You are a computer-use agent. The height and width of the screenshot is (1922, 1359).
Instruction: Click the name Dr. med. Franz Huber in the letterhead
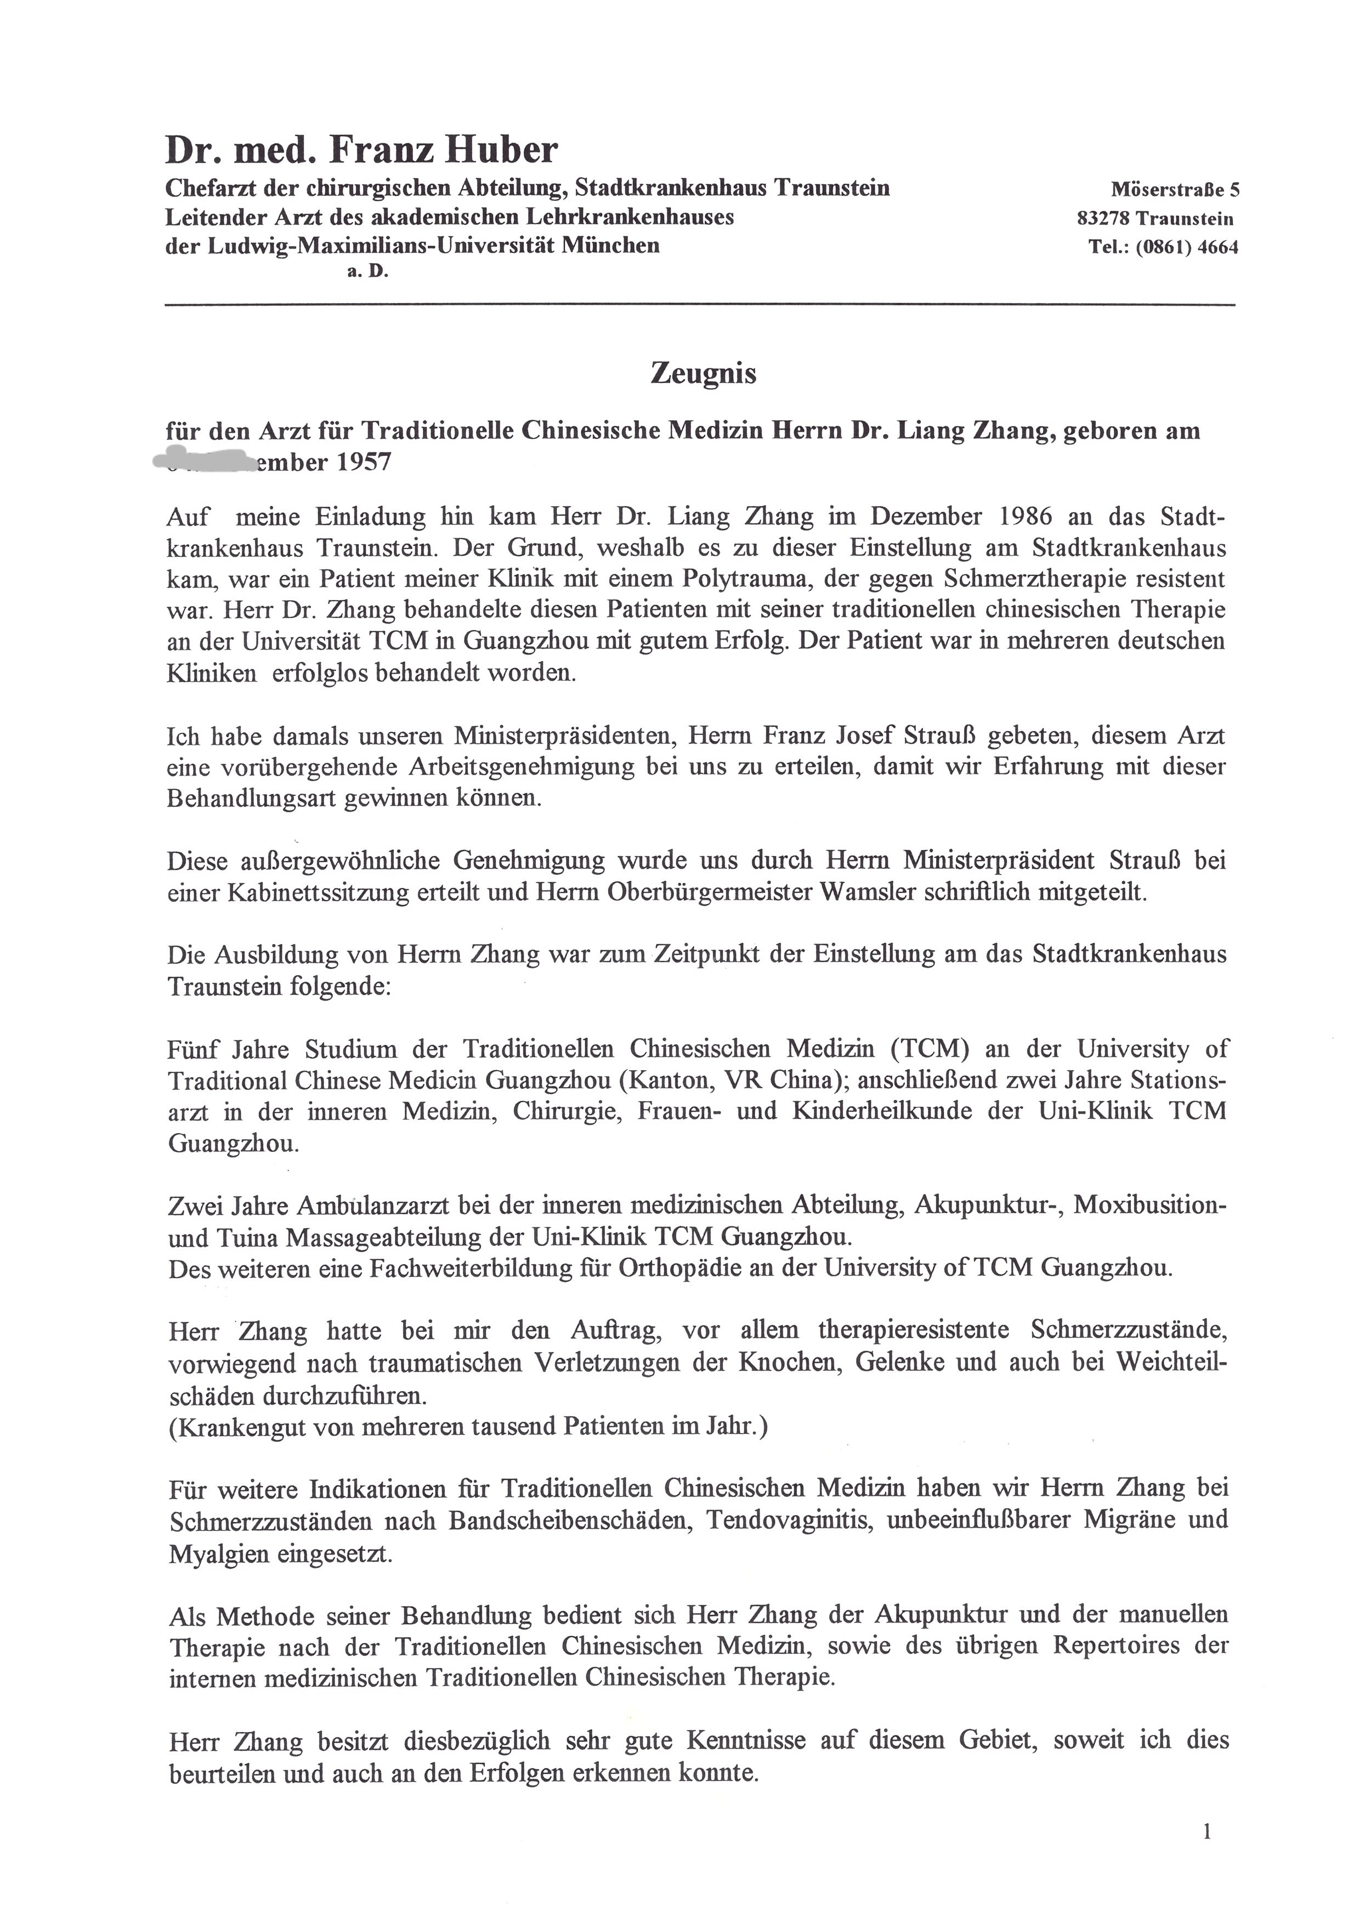[361, 151]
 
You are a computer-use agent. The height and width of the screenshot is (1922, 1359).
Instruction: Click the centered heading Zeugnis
[703, 374]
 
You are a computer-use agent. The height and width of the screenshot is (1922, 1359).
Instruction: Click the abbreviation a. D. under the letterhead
[368, 272]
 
